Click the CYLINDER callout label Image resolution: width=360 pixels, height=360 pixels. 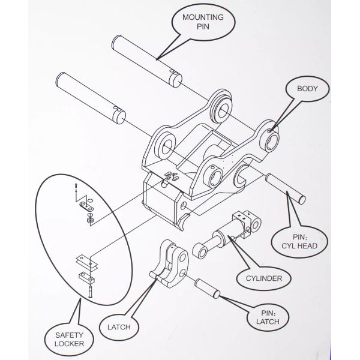pos(263,278)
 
